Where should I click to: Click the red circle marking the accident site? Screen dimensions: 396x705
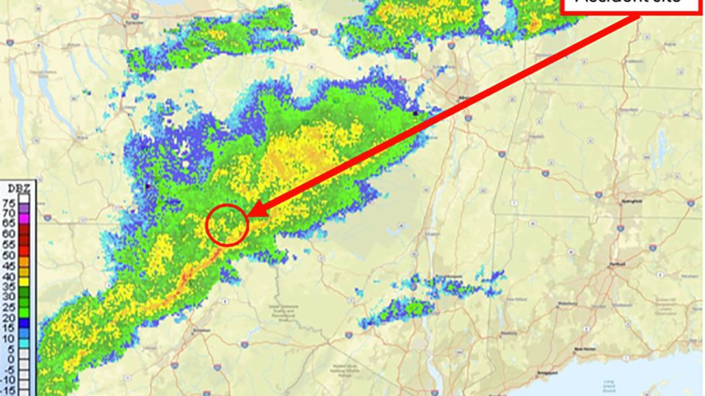point(226,224)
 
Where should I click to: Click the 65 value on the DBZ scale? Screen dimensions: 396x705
point(9,222)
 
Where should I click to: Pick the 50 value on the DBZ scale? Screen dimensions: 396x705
point(9,255)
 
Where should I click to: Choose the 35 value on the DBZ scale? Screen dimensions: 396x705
point(9,287)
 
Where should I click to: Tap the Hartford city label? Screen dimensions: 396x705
point(615,263)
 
